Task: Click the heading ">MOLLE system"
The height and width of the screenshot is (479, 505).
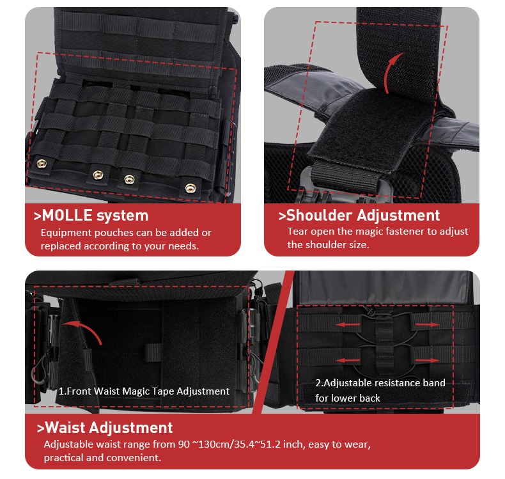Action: pos(91,216)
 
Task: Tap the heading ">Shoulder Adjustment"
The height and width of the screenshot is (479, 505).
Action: pos(359,216)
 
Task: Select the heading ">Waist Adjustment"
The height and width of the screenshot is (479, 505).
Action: pos(105,428)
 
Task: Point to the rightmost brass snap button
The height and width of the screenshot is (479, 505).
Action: pos(189,187)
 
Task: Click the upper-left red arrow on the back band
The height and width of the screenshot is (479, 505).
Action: pos(348,326)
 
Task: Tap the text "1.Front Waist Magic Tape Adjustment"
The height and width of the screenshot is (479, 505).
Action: pos(144,391)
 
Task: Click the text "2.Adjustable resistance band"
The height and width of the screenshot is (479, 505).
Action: pos(380,383)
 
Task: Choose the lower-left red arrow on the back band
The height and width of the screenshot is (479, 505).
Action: pos(348,361)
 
